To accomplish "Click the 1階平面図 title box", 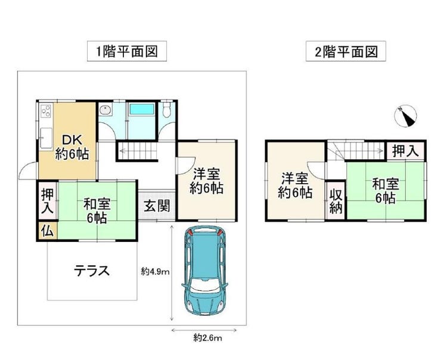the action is point(127,51).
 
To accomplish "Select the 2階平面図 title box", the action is point(346,51).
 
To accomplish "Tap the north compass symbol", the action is point(405,116).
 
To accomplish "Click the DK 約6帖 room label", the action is point(72,147).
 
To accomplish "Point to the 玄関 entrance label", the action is point(157,206).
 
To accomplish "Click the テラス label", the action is point(92,271).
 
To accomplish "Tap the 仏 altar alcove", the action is point(48,231).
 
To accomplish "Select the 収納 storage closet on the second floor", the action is point(336,201).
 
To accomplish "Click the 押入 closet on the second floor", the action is point(405,151).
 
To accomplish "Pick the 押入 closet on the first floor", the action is point(48,201).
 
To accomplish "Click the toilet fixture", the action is point(167,110).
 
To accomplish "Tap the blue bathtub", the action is point(142,109).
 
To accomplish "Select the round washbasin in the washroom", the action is point(105,110).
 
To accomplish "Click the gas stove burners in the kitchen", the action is point(46,110).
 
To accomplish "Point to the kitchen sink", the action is point(46,138).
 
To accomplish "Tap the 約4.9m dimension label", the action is point(156,271).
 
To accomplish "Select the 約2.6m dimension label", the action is point(207,337).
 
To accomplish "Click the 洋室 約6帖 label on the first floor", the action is point(206,181).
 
